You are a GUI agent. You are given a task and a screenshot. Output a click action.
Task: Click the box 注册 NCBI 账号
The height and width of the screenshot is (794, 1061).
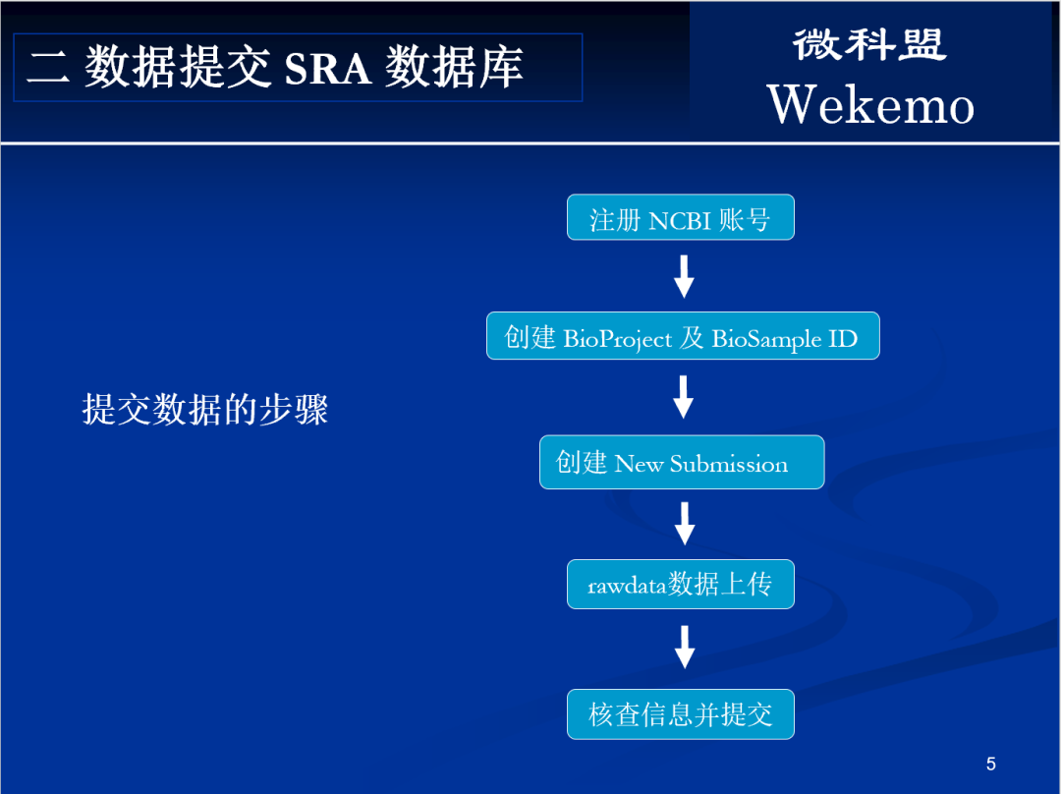680,218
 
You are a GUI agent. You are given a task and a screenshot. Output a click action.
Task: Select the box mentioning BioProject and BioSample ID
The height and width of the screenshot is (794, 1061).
683,337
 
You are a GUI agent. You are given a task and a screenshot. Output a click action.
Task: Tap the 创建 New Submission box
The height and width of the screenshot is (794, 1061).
681,463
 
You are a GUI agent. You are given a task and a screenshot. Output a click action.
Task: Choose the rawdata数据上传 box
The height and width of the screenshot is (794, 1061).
680,585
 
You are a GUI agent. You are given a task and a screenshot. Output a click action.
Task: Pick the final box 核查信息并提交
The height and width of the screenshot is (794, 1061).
680,714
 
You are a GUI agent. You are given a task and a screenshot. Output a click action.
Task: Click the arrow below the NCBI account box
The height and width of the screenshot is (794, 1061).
684,276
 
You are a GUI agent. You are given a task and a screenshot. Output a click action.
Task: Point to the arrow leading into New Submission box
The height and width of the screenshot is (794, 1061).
684,397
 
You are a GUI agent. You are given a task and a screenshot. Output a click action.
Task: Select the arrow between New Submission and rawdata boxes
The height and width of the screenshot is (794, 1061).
685,523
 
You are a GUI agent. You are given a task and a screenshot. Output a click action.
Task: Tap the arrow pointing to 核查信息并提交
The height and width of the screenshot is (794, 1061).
685,647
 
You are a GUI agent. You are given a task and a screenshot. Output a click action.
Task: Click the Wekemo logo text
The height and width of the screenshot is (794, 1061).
870,104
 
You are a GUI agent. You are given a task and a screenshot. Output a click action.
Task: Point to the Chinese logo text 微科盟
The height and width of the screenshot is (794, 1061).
869,44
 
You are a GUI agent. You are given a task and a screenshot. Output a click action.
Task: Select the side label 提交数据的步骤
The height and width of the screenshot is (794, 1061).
204,409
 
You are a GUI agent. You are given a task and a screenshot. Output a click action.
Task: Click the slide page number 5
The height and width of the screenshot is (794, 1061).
990,764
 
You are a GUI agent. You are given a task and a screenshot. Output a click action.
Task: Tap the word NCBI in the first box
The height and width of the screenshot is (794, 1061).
680,219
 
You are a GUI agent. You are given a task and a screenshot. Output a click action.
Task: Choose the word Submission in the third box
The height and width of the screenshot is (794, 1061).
729,464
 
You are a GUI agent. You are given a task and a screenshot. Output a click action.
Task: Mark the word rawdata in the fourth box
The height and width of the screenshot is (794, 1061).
627,587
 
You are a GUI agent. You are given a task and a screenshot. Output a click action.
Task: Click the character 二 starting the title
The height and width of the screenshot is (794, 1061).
47,68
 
